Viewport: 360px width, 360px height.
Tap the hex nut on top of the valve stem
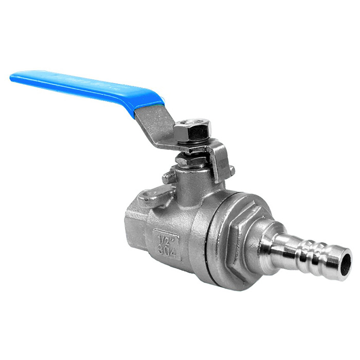pyautogui.click(x=190, y=133)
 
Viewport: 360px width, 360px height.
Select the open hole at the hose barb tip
pyautogui.click(x=346, y=263)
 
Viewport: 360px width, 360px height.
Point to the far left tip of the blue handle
pyautogui.click(x=12, y=78)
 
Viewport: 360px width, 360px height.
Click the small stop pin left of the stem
pyautogui.click(x=167, y=177)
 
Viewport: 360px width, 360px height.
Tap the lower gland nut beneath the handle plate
pyautogui.click(x=188, y=160)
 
